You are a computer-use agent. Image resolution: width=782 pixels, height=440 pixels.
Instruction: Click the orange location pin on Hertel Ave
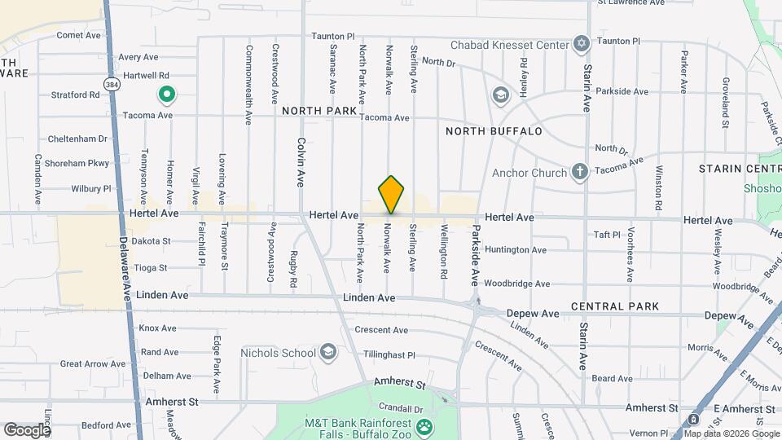click(391, 194)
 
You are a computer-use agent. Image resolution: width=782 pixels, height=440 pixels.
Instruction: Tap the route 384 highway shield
click(109, 83)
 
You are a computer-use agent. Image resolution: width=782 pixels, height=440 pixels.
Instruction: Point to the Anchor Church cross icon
click(579, 172)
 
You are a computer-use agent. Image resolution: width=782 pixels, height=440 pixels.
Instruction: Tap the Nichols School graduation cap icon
click(328, 352)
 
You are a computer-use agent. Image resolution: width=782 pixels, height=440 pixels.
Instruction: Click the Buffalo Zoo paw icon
click(424, 427)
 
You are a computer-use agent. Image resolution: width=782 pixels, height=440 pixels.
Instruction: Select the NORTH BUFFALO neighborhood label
click(494, 131)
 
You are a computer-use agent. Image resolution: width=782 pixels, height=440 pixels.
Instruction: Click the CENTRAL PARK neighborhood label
click(614, 306)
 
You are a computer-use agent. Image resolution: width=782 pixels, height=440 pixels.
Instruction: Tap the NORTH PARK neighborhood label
click(319, 110)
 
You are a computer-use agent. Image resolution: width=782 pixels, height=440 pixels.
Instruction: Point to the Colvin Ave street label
click(301, 160)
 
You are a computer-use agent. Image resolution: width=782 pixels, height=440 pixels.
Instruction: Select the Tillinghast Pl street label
click(389, 355)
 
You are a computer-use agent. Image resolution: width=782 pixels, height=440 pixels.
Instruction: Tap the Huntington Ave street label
click(515, 250)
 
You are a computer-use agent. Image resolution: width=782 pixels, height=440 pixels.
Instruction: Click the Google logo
click(26, 429)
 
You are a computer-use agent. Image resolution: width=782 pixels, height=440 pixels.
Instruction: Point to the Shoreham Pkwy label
click(78, 163)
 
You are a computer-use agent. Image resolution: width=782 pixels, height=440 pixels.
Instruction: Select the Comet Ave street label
click(78, 35)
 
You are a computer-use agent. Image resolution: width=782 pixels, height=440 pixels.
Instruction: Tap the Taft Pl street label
click(608, 235)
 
